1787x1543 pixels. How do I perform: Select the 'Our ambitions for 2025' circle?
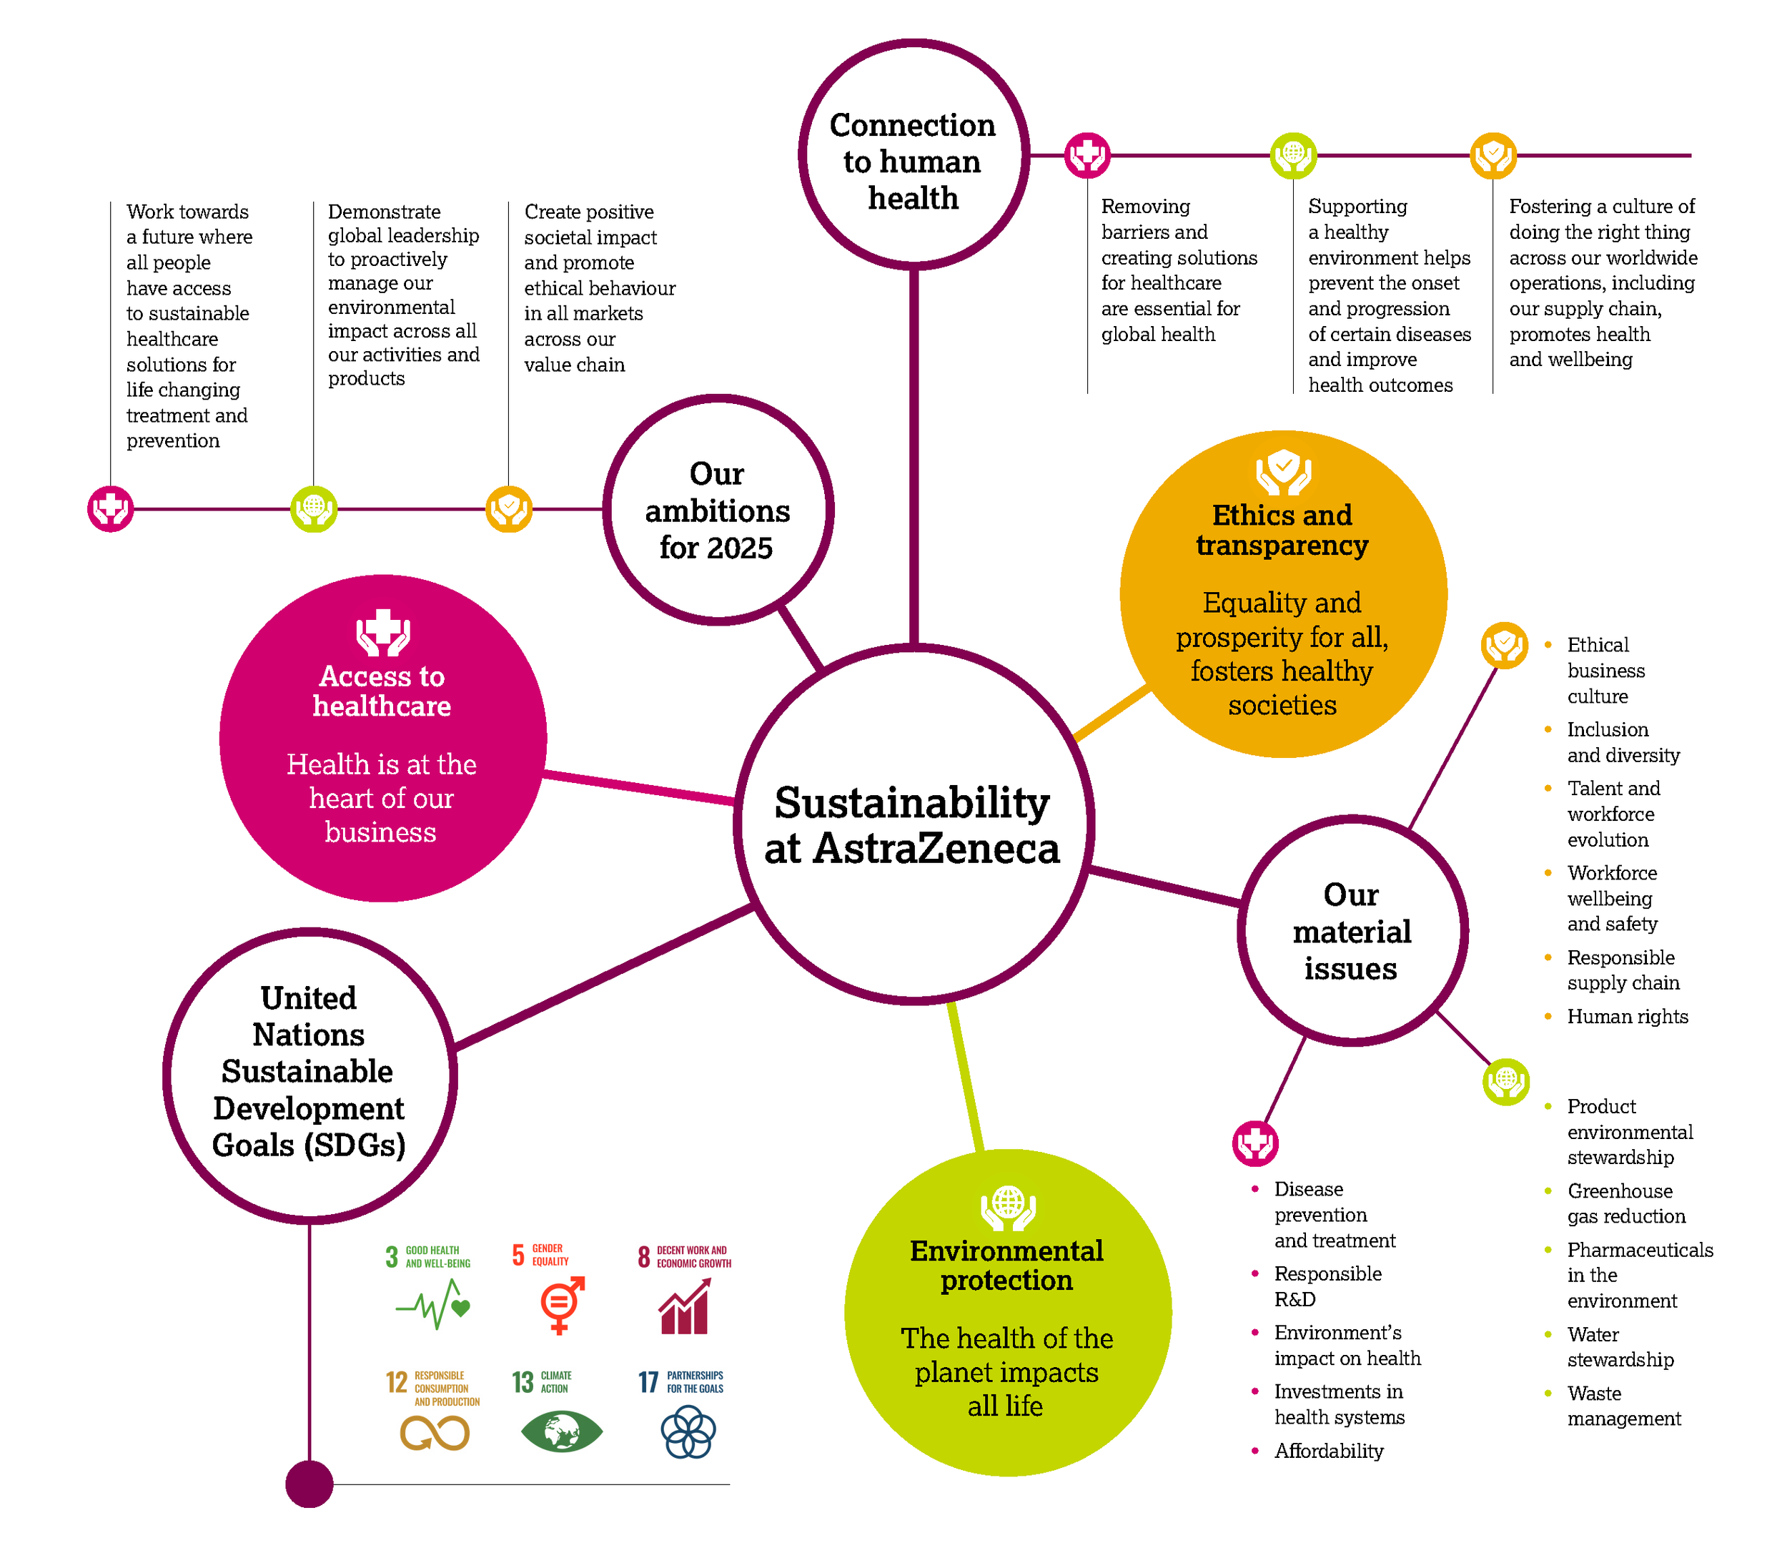click(717, 511)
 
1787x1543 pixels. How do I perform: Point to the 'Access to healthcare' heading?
click(382, 691)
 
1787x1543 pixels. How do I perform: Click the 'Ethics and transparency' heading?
click(1282, 531)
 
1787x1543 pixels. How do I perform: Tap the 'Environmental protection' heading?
click(1006, 1266)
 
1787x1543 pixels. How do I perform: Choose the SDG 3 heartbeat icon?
click(433, 1304)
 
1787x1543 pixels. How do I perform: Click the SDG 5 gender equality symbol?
click(560, 1304)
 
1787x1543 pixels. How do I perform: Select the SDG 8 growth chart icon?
click(685, 1306)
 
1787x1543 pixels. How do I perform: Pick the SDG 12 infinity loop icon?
click(435, 1434)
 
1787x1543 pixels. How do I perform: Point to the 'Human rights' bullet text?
click(1627, 1017)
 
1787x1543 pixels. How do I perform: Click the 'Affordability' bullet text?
click(1328, 1451)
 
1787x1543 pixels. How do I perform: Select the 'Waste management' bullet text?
click(1623, 1406)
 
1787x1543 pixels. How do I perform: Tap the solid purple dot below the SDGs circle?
click(309, 1484)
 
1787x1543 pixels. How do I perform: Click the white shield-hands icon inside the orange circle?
click(1283, 471)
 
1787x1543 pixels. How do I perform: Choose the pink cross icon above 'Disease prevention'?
click(1255, 1144)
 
